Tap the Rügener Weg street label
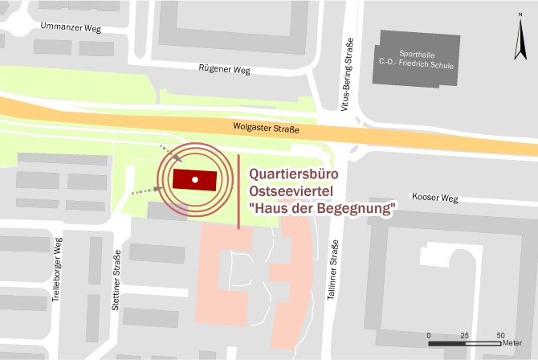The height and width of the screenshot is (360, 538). [224, 69]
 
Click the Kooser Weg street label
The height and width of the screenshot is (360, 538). [434, 198]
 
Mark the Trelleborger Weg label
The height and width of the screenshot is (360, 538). [57, 270]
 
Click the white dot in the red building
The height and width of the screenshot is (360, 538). [194, 178]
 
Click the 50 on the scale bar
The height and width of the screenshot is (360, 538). [500, 335]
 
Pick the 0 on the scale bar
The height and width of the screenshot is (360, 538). [430, 335]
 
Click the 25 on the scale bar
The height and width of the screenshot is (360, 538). [465, 335]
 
